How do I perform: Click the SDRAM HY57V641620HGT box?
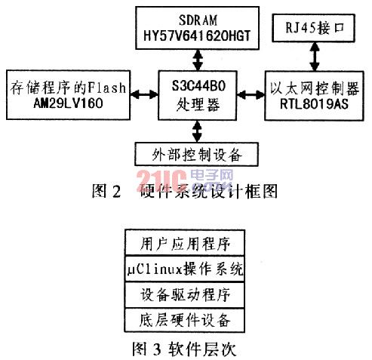click(x=198, y=28)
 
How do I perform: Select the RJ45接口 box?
click(x=314, y=28)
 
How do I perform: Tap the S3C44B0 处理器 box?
click(x=198, y=95)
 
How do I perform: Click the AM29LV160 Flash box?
click(x=68, y=95)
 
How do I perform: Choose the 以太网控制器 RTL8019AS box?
click(x=314, y=96)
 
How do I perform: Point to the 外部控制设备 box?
click(x=197, y=154)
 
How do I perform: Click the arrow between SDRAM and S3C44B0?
click(x=198, y=60)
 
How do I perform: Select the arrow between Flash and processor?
click(x=144, y=94)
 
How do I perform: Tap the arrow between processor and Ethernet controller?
click(x=251, y=95)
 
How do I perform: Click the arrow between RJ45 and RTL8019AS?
click(x=315, y=57)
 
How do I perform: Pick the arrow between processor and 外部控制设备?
click(x=197, y=131)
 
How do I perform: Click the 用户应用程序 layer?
click(x=185, y=243)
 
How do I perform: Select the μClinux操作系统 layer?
click(x=185, y=269)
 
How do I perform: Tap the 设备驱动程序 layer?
click(x=185, y=295)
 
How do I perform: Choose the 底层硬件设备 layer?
click(x=185, y=320)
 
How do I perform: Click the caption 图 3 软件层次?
click(x=184, y=349)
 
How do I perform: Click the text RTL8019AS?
click(x=314, y=104)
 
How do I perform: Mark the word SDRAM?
click(x=198, y=20)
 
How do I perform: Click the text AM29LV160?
click(x=68, y=103)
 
